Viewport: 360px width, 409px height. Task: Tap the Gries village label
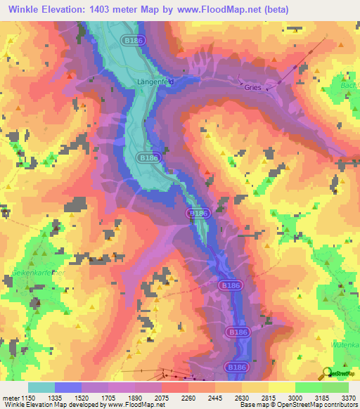[x=252, y=88]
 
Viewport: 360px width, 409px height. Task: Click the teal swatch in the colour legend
[x=41, y=387]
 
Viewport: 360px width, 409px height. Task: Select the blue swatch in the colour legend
[x=67, y=387]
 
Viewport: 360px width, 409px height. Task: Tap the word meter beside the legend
[x=12, y=396]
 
